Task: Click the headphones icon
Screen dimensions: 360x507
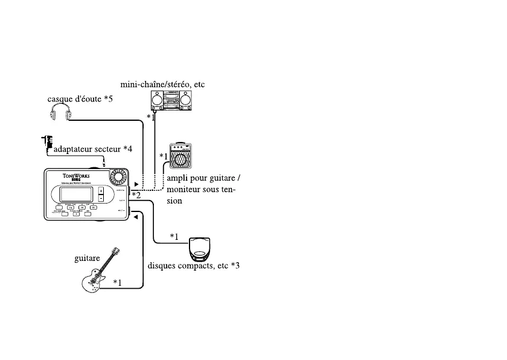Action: point(60,113)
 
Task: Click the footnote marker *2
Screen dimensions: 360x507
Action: point(136,195)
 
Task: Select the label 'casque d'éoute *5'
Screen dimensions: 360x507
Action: point(80,98)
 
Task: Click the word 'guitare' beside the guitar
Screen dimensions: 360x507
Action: point(87,259)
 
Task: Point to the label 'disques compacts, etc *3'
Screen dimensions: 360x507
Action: point(194,265)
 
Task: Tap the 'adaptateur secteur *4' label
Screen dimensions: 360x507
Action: point(93,149)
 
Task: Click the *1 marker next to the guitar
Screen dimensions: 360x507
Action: point(117,281)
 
